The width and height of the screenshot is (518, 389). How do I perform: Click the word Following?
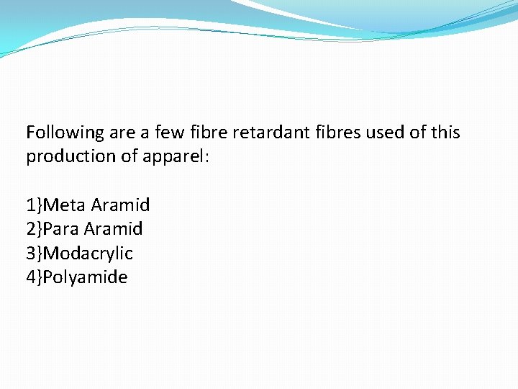coord(65,133)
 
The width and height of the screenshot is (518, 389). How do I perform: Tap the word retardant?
coord(278,133)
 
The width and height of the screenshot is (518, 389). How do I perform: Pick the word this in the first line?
coord(446,133)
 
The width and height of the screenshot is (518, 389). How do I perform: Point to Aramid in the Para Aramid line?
coord(113,229)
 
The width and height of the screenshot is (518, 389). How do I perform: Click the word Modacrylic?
coord(88,254)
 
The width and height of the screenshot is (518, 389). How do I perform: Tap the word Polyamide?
coord(85,277)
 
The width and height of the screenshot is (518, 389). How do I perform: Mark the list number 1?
coord(30,205)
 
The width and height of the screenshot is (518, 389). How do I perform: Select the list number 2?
coord(30,229)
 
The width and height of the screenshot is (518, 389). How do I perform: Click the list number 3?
coord(30,254)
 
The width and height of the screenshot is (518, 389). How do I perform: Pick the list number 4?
coord(30,277)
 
